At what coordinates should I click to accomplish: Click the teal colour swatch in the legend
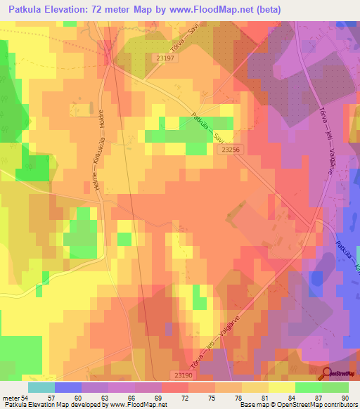coord(41,387)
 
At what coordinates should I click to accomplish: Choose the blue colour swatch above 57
coord(68,387)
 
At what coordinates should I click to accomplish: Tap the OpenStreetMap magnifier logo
coord(327,374)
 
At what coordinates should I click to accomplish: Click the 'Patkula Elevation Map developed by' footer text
coord(49,405)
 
